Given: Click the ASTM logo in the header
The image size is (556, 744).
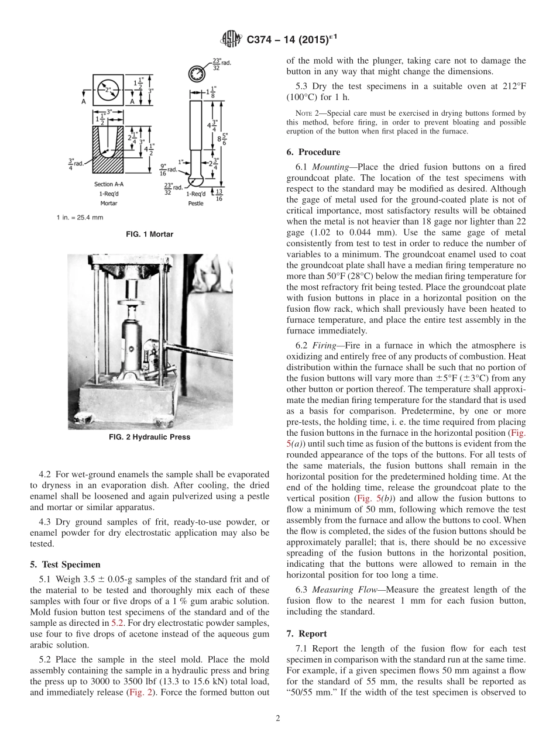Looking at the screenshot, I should (x=231, y=40).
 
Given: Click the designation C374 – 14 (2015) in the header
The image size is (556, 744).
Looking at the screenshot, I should (x=291, y=40).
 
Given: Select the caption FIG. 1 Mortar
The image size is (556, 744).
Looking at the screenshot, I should (x=150, y=235).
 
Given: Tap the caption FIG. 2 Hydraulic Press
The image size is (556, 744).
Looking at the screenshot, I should (x=149, y=437).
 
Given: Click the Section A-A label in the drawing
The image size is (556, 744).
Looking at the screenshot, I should (x=108, y=184).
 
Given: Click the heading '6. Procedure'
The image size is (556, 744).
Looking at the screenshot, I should (x=313, y=152).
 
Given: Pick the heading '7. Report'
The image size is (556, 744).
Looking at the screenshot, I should (x=307, y=633).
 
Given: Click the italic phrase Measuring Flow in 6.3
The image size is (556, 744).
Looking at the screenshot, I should (x=347, y=590).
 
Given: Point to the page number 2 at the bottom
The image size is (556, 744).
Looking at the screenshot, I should (x=278, y=719).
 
